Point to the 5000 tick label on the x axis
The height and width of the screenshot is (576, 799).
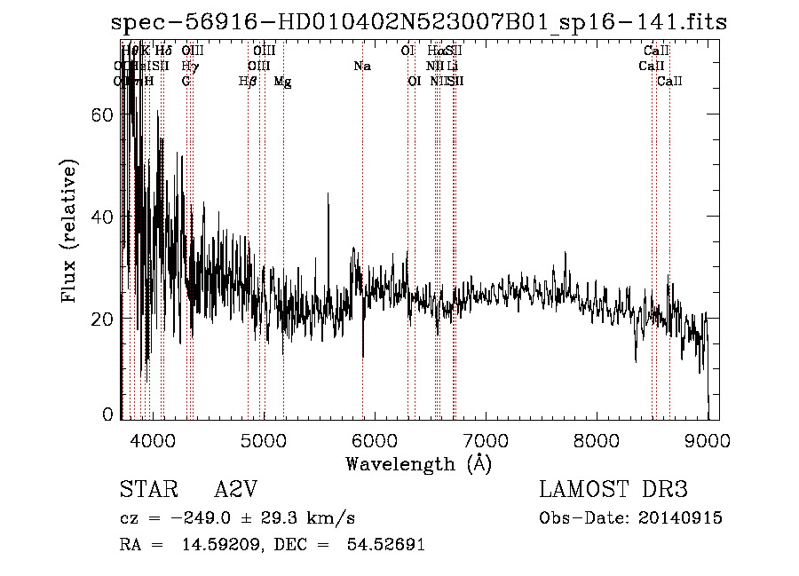point(263,439)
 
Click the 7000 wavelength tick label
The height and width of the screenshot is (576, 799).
point(485,439)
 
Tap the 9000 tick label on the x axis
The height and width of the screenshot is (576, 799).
point(707,439)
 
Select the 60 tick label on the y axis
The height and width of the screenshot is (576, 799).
point(105,115)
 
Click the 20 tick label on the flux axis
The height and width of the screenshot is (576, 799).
point(105,319)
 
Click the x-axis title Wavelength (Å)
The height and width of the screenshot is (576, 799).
point(418,463)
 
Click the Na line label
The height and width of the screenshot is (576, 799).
point(361,67)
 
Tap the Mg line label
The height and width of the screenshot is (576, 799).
point(282,82)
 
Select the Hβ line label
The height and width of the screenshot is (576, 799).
point(248,82)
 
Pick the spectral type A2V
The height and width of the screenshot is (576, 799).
point(236,490)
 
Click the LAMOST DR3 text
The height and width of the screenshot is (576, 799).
point(613,490)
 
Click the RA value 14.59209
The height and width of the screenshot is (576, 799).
point(220,545)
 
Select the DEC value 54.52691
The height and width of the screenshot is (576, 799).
point(387,545)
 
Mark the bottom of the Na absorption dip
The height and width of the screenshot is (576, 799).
point(363,357)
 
